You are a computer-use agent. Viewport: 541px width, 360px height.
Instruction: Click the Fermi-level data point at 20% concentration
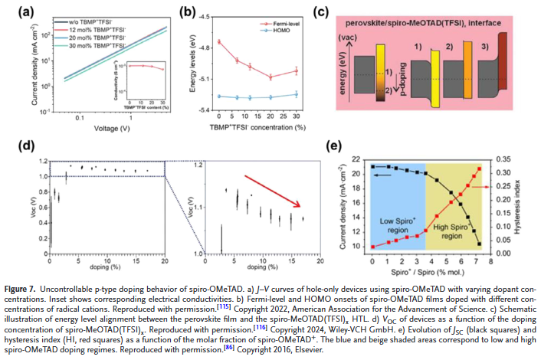coord(270,77)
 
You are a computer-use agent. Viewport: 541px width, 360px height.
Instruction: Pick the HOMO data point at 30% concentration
coord(297,94)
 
